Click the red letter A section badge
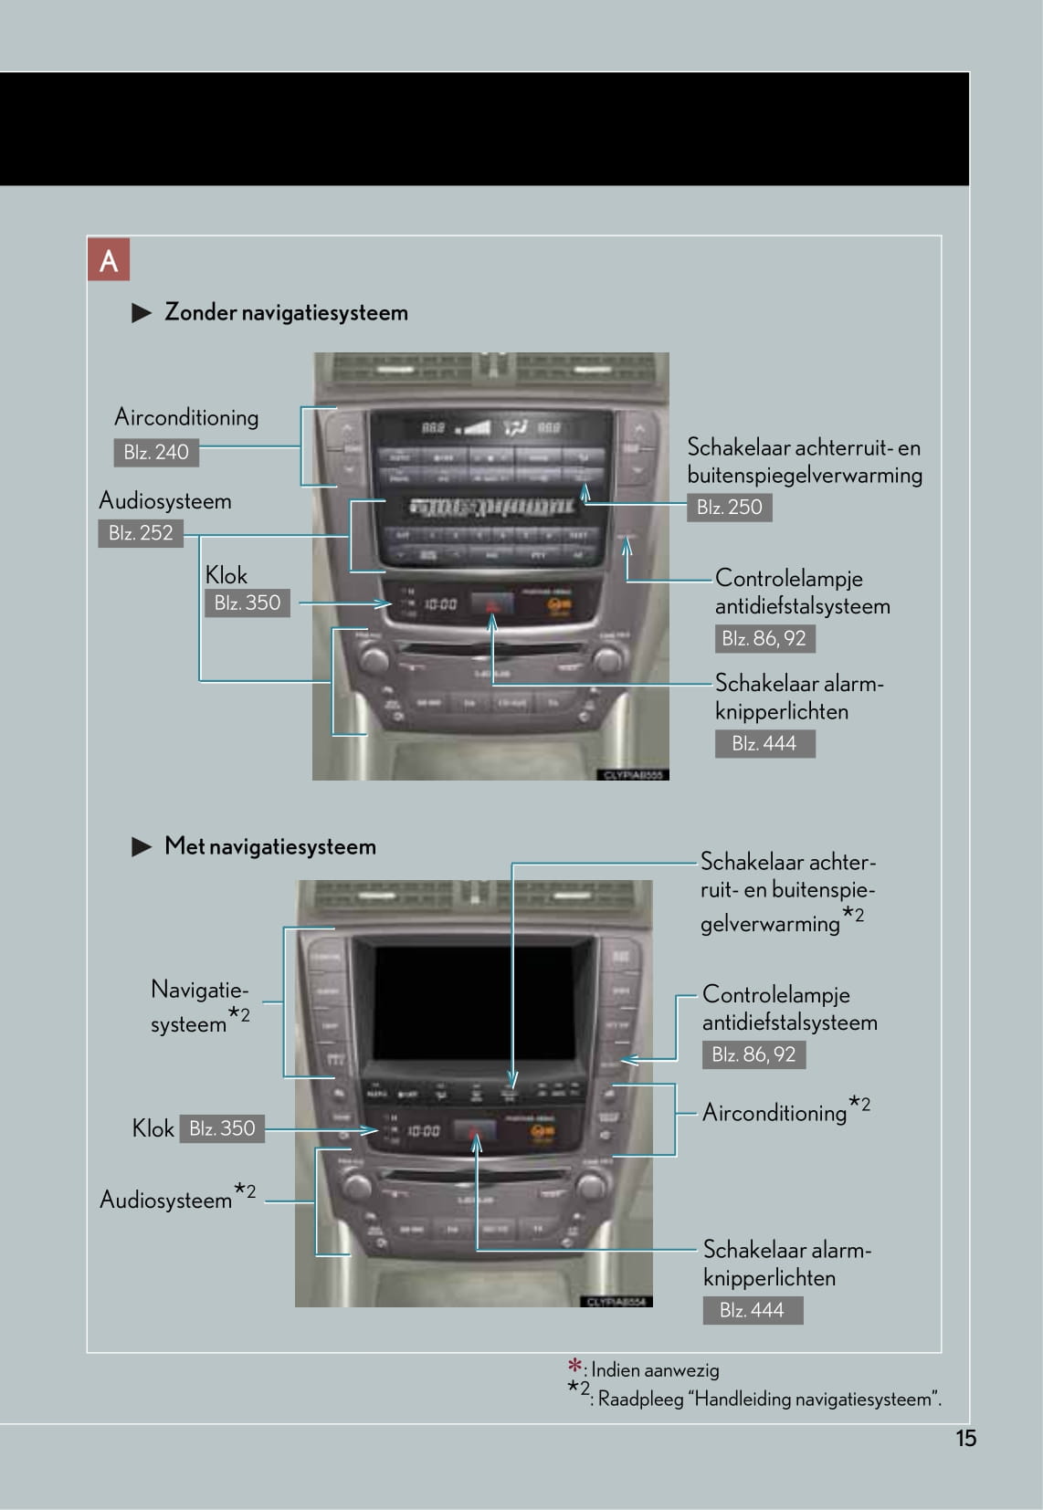pyautogui.click(x=109, y=260)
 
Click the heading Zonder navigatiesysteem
pyautogui.click(x=286, y=312)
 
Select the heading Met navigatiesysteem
pyautogui.click(x=269, y=846)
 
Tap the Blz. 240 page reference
pyautogui.click(x=156, y=452)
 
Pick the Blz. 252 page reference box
pyautogui.click(x=141, y=533)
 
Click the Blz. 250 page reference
pyautogui.click(x=729, y=508)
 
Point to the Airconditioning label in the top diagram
pyautogui.click(x=186, y=417)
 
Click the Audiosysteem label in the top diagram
pyautogui.click(x=165, y=501)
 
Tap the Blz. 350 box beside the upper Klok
pyautogui.click(x=247, y=603)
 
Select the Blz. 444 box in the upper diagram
pyautogui.click(x=764, y=743)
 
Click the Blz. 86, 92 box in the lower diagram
pyautogui.click(x=753, y=1054)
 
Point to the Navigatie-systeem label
pyautogui.click(x=199, y=1006)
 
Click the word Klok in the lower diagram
pyautogui.click(x=153, y=1129)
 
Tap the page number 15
pyautogui.click(x=965, y=1439)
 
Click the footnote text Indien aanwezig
pyautogui.click(x=655, y=1370)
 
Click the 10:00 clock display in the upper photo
pyautogui.click(x=441, y=604)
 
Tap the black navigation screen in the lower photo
pyautogui.click(x=474, y=1000)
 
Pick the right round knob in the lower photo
pyautogui.click(x=590, y=1186)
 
